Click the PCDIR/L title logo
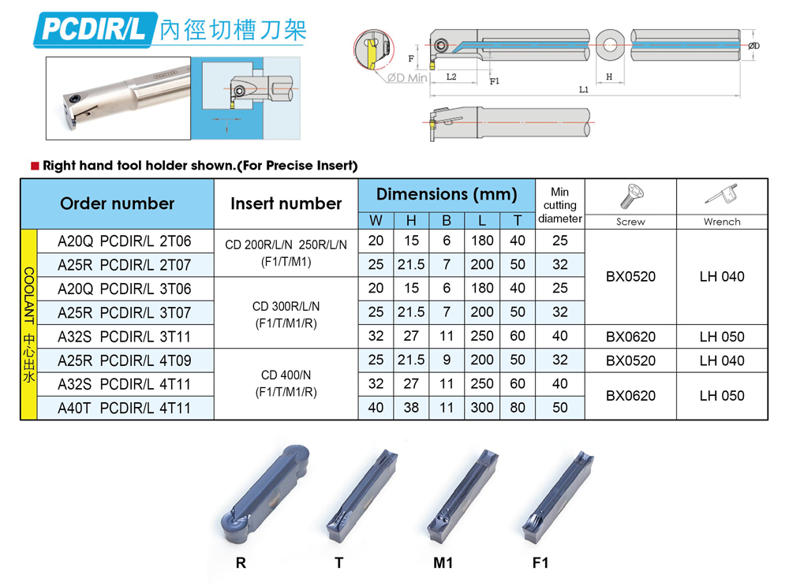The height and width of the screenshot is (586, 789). click(x=95, y=30)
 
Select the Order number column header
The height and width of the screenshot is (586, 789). click(x=118, y=203)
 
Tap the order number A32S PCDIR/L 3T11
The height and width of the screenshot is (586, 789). click(x=125, y=337)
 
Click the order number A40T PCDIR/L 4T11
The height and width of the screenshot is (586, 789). click(x=125, y=408)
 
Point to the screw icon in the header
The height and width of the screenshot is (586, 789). click(x=630, y=196)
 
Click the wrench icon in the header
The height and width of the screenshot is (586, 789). click(x=722, y=195)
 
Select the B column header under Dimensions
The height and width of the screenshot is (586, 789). click(x=447, y=220)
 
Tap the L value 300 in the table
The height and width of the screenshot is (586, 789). click(x=481, y=408)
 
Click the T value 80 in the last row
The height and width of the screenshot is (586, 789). click(x=518, y=408)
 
